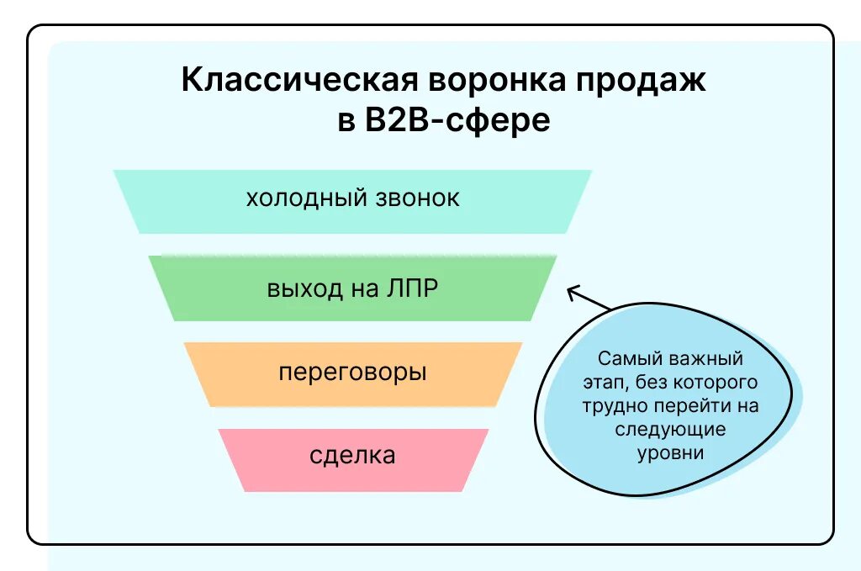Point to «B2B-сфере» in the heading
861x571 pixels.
click(x=457, y=119)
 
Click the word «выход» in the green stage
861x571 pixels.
click(x=304, y=288)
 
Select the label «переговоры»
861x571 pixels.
click(x=352, y=373)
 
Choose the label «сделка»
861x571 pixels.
click(x=352, y=456)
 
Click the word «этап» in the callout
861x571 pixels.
click(x=603, y=382)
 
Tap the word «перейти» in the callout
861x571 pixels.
click(x=692, y=405)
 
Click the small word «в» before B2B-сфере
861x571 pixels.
click(x=344, y=120)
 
